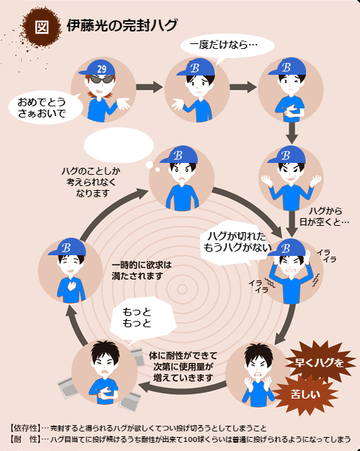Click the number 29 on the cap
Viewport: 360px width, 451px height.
pyautogui.click(x=102, y=69)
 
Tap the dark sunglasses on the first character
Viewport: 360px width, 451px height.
pyautogui.click(x=101, y=80)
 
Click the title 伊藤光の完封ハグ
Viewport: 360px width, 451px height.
pyautogui.click(x=122, y=26)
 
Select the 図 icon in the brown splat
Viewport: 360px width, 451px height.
pyautogui.click(x=42, y=27)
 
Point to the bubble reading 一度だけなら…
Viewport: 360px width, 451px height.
pyautogui.click(x=227, y=46)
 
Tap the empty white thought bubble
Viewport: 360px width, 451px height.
pyautogui.click(x=119, y=145)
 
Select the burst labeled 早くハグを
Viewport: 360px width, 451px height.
pyautogui.click(x=319, y=362)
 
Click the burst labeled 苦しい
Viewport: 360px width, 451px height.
pyautogui.click(x=305, y=394)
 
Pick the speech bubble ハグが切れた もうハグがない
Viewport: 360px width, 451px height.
pyautogui.click(x=236, y=243)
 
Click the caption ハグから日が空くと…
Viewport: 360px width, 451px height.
pyautogui.click(x=324, y=216)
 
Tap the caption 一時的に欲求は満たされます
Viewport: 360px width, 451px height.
pyautogui.click(x=141, y=271)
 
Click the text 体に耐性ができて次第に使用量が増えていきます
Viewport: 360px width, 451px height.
pyautogui.click(x=182, y=366)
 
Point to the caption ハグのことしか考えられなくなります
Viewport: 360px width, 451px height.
pyautogui.click(x=91, y=182)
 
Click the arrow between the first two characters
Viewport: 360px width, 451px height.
pyautogui.click(x=150, y=87)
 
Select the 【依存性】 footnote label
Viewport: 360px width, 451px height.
pyautogui.click(x=24, y=428)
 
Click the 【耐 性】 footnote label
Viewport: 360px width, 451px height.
pyautogui.click(x=24, y=439)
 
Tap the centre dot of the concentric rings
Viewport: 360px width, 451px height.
pyautogui.click(x=182, y=289)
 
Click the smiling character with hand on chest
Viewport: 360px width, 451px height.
pyautogui.click(x=71, y=271)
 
